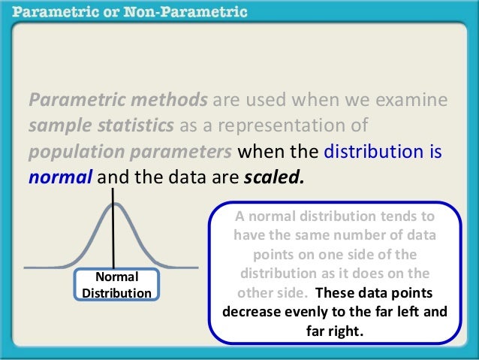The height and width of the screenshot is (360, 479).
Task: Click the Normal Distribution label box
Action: pyautogui.click(x=116, y=284)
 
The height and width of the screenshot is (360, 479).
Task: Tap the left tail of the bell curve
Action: pyautogui.click(x=45, y=265)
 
